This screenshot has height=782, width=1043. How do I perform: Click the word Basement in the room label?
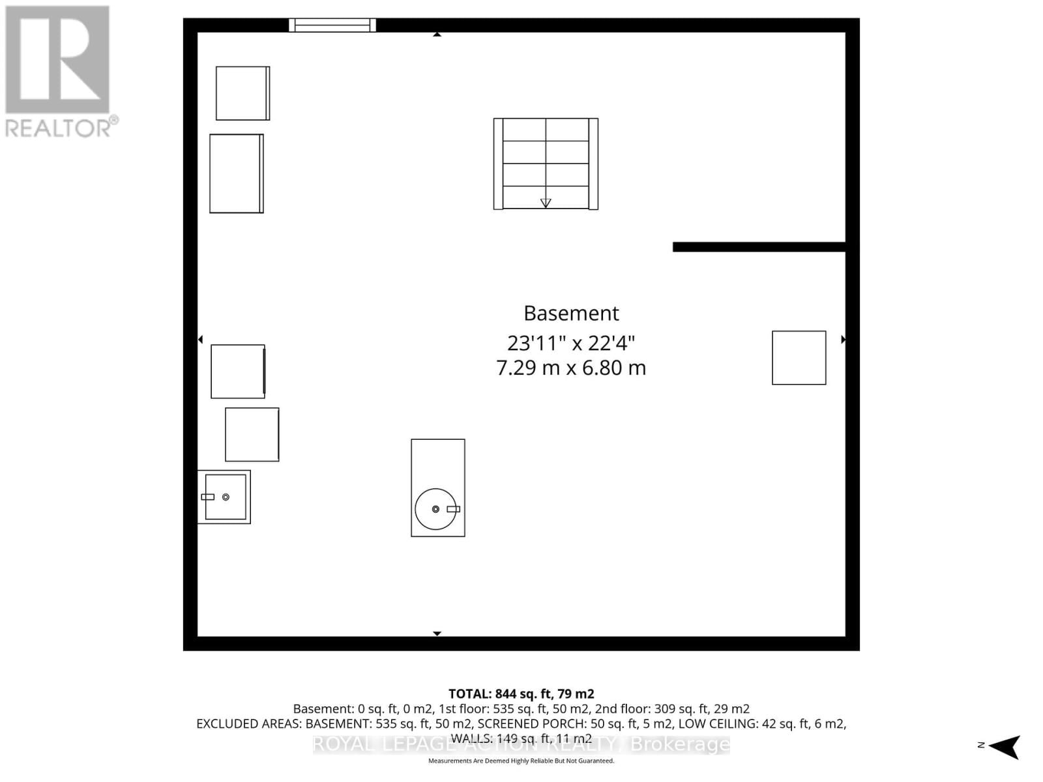[571, 313]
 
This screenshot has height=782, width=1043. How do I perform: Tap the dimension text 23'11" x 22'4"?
[571, 343]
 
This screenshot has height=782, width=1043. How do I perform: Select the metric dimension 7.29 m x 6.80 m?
[571, 368]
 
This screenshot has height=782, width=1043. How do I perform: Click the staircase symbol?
[546, 164]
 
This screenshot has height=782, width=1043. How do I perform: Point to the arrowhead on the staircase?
[546, 203]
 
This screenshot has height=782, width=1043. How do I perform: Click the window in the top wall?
[332, 25]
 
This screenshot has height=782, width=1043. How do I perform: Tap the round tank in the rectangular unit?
[435, 509]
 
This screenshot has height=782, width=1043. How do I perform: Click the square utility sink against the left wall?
[225, 497]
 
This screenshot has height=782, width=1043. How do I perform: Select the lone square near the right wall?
[799, 358]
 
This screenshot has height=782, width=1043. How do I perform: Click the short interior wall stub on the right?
[759, 247]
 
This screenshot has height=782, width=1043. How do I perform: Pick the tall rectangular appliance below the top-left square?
[236, 173]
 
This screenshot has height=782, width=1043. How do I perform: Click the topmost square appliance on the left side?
[242, 93]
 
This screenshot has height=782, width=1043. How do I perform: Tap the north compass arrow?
[1006, 746]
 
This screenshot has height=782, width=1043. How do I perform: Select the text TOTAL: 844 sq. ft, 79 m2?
[521, 694]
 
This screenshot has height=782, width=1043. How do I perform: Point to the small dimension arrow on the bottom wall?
[437, 633]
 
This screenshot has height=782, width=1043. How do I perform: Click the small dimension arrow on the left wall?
[201, 340]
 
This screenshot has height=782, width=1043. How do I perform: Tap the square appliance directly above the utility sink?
[252, 435]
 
